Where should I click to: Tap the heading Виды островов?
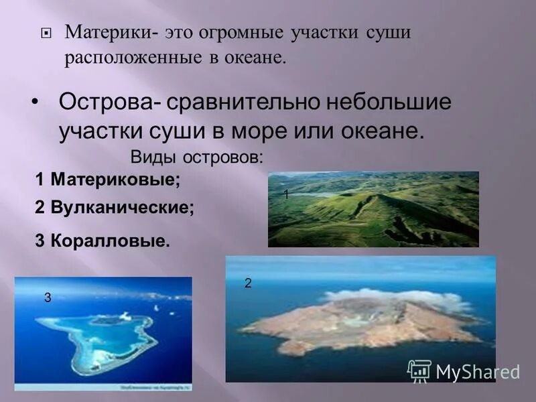pos(195,158)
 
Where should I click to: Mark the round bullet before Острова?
pos(35,102)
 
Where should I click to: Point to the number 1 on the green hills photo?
pos(285,194)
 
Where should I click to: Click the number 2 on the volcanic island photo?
pos(247,283)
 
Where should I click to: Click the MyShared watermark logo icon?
pos(419,370)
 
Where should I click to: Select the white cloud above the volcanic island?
pos(389,297)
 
